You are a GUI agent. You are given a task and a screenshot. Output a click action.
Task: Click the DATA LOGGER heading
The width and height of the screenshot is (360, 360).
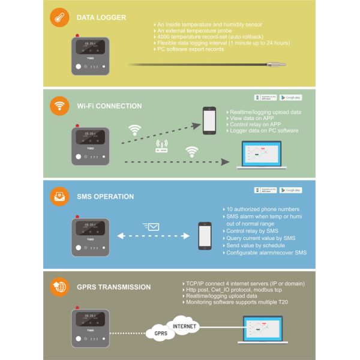(x=101, y=17)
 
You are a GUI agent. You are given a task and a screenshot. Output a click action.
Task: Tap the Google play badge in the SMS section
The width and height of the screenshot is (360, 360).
(x=290, y=190)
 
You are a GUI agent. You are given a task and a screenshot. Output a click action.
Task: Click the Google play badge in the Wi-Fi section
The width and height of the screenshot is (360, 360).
(x=290, y=97)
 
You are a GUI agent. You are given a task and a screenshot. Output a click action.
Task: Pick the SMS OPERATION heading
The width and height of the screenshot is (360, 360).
(x=106, y=196)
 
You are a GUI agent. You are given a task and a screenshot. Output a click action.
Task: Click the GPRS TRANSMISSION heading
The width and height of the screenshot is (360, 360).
(x=114, y=287)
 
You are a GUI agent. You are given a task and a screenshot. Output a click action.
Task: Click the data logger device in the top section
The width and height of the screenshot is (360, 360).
(x=91, y=55)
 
